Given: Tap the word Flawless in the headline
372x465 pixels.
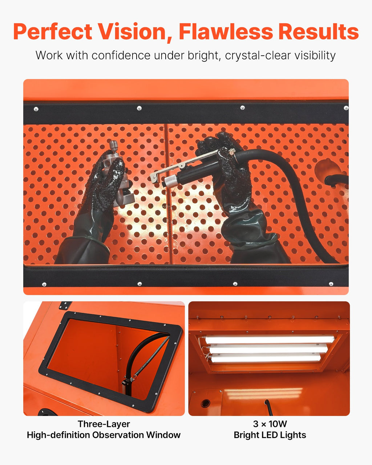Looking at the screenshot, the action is [226, 32].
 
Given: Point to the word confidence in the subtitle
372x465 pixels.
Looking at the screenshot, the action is [121, 55].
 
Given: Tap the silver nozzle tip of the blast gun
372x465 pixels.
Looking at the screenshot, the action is [171, 181].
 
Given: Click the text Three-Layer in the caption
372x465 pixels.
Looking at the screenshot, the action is [104, 424].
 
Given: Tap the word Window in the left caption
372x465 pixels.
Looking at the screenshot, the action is [163, 435].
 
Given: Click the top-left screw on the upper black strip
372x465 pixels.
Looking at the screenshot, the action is [36, 109].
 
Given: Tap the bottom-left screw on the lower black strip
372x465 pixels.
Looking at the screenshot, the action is [44, 284].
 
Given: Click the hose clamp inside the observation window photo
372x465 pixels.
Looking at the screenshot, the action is [128, 380].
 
